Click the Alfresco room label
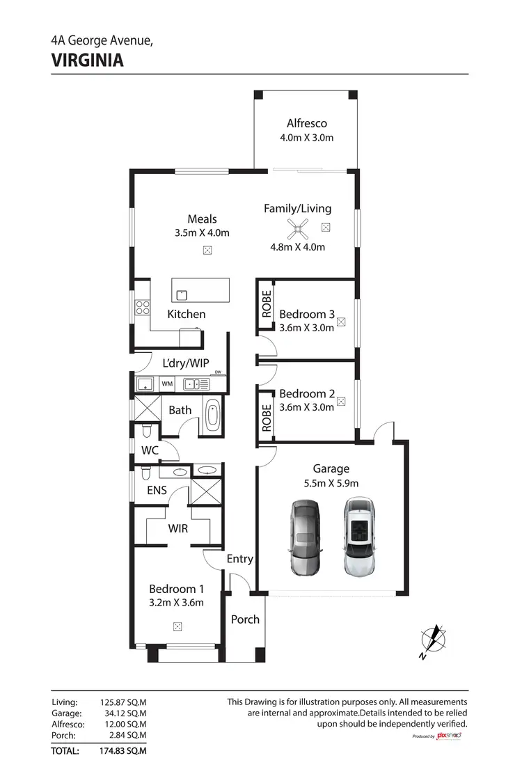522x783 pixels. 307,123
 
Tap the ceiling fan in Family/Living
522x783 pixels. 297,228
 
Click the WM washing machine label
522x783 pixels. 167,383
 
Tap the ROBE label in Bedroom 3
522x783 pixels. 266,304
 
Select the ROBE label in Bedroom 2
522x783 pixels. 266,418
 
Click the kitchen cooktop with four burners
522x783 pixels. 143,307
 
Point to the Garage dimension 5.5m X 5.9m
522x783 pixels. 331,483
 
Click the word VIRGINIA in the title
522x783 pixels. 88,61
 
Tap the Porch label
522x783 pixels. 245,619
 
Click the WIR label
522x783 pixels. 178,528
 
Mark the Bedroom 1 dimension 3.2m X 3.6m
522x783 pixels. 176,603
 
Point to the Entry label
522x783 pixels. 240,559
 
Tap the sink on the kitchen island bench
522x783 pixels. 182,294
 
